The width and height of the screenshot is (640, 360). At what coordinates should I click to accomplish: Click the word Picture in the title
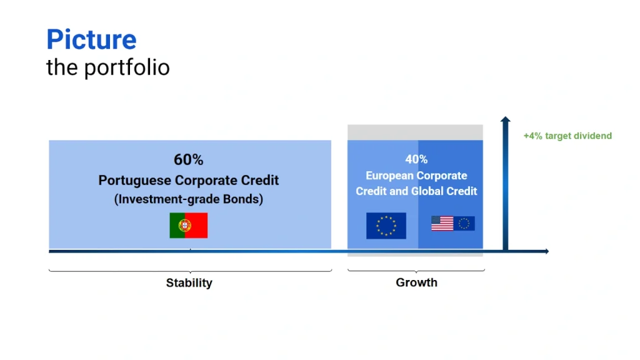tap(91, 39)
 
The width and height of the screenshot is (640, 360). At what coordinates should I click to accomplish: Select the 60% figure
tap(189, 159)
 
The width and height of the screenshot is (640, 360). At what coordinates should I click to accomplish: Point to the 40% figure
tap(416, 159)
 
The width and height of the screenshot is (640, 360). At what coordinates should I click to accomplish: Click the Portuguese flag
tap(189, 225)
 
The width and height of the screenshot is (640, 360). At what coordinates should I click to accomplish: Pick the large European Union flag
tap(386, 225)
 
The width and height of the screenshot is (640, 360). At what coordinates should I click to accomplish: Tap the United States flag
tap(442, 223)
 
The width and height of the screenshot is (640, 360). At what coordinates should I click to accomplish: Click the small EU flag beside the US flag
tap(464, 223)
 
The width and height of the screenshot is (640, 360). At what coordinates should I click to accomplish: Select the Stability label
tap(189, 283)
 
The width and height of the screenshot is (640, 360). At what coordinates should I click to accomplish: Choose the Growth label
tap(416, 282)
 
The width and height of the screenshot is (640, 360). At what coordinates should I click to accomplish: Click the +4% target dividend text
tap(567, 136)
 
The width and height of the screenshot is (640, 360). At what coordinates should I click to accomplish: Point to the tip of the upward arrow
tap(505, 117)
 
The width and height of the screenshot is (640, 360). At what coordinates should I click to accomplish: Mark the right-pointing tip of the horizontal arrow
tap(549, 251)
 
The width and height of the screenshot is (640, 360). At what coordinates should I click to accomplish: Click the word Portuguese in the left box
tap(135, 181)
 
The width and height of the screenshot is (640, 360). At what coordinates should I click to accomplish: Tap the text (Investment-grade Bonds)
tap(189, 199)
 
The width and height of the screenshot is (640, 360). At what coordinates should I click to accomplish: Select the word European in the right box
tap(390, 176)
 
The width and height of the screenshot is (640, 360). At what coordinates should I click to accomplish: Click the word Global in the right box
tap(427, 191)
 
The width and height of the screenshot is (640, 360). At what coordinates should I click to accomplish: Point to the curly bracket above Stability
tap(190, 271)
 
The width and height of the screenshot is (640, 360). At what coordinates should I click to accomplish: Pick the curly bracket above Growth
tap(416, 270)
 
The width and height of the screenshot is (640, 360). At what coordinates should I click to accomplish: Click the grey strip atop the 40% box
tap(415, 132)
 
